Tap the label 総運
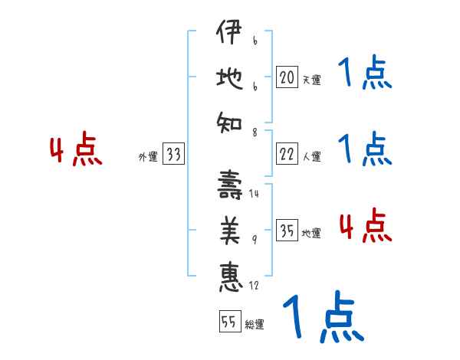click(x=255, y=325)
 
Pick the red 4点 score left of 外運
click(x=76, y=150)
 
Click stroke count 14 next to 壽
click(x=255, y=193)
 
